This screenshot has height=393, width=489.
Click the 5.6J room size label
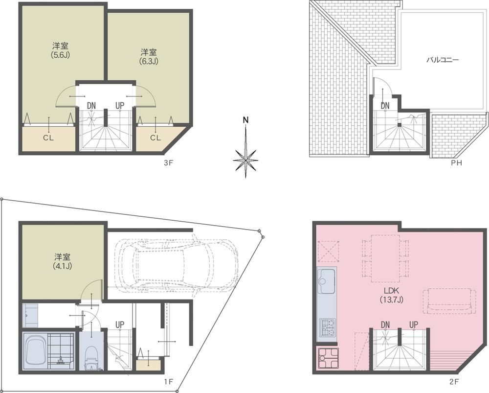(x=60, y=55)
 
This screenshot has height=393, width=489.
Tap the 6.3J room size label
(x=149, y=61)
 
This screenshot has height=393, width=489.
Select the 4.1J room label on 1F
(x=63, y=266)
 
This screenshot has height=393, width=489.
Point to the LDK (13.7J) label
(x=392, y=295)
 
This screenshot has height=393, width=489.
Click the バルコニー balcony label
(x=443, y=60)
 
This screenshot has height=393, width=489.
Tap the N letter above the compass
(x=246, y=120)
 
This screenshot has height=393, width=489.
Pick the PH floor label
(x=456, y=162)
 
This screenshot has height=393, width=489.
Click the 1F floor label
(x=168, y=381)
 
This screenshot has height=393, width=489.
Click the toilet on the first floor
(x=92, y=358)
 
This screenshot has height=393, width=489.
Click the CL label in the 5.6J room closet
(x=48, y=138)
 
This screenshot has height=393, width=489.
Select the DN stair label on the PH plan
(x=385, y=106)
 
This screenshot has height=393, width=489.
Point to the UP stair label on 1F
(x=120, y=325)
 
